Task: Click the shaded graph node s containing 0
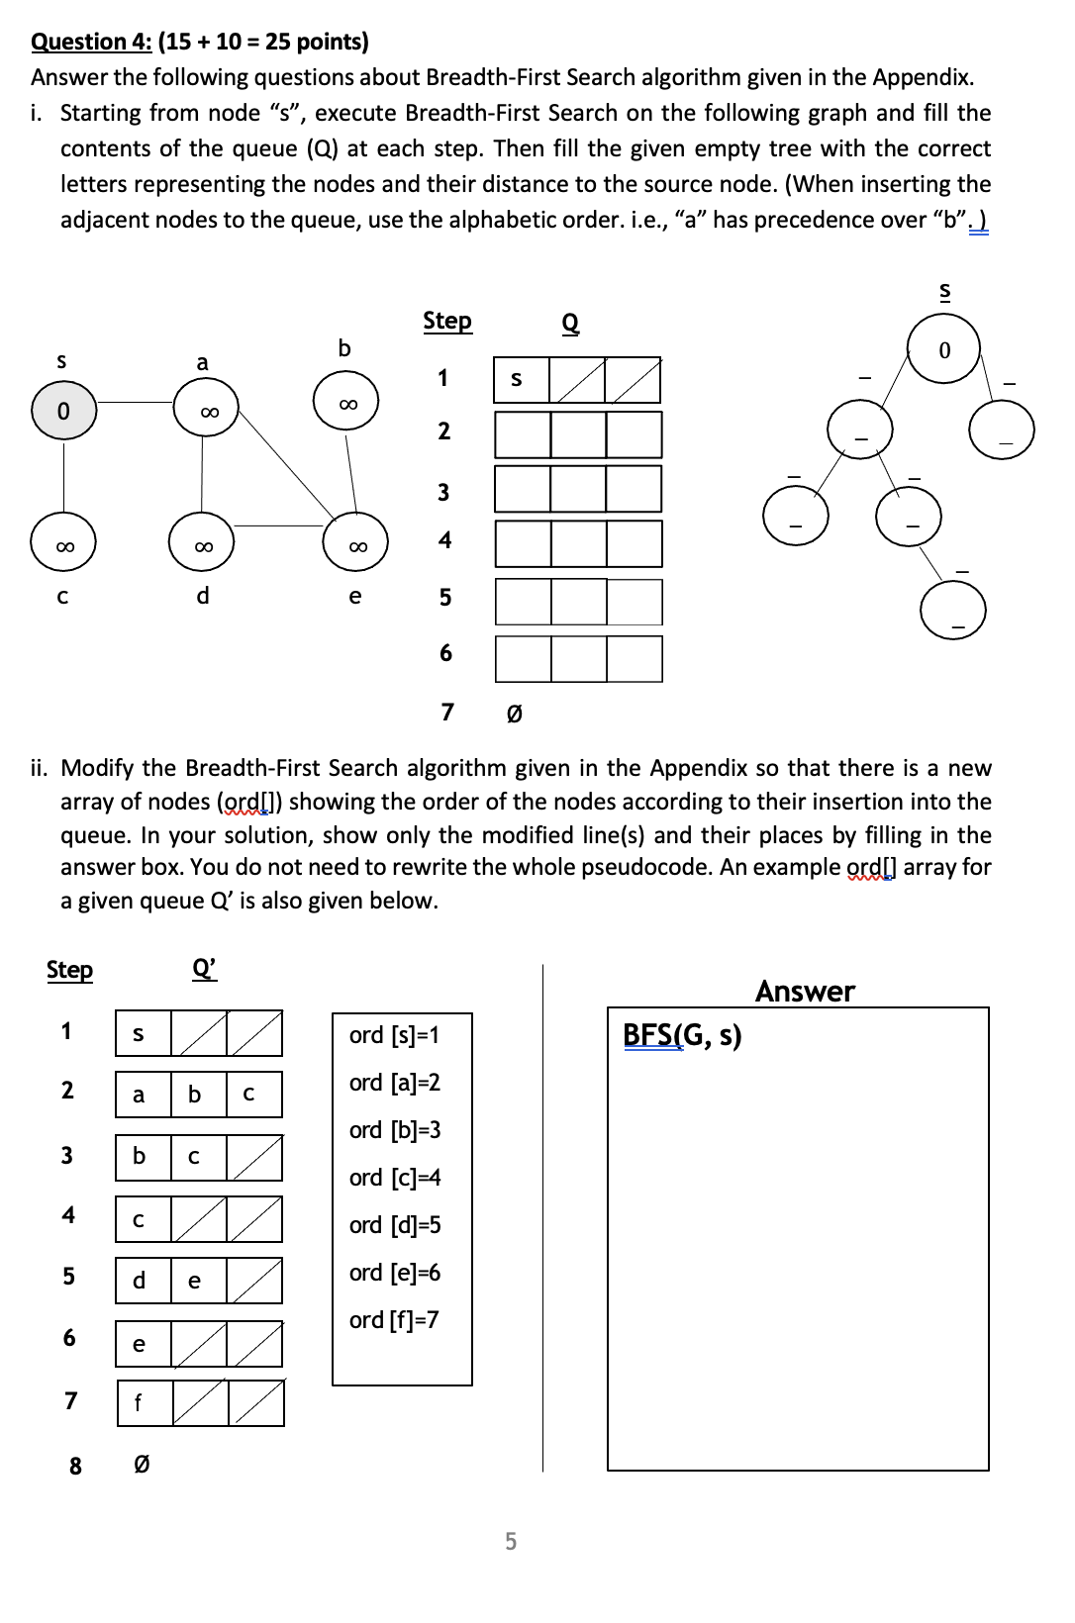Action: click(x=63, y=410)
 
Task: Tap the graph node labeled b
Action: click(x=346, y=401)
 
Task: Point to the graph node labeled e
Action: click(x=356, y=543)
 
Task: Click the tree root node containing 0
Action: click(x=943, y=349)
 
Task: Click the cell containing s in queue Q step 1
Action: click(x=521, y=380)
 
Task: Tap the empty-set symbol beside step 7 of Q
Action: click(x=514, y=713)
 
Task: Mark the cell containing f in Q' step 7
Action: click(x=145, y=1403)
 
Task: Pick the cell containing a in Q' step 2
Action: click(x=143, y=1095)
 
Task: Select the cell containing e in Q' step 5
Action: click(x=198, y=1281)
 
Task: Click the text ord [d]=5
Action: click(x=395, y=1225)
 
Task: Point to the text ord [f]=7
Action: click(x=394, y=1320)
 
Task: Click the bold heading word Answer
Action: click(x=805, y=991)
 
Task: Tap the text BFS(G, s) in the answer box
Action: click(x=682, y=1035)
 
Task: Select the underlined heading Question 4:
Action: click(x=92, y=42)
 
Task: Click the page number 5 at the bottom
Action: click(x=511, y=1541)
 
